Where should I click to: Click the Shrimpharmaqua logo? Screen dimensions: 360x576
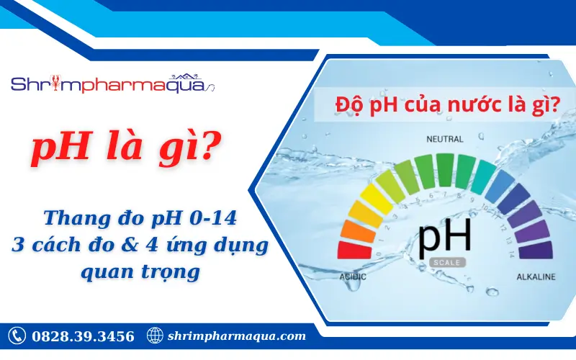112,84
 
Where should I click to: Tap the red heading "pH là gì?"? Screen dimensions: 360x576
125,150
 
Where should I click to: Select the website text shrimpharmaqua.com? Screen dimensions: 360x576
236,336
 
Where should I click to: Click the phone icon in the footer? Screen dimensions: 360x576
17,336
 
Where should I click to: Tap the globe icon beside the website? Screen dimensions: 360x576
154,336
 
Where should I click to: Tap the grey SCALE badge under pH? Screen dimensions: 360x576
445,263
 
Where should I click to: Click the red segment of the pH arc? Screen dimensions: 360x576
350,250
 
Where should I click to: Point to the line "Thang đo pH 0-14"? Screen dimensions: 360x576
140,217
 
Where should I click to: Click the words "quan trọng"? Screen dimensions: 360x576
140,272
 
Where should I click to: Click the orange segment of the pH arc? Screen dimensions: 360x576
354,230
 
